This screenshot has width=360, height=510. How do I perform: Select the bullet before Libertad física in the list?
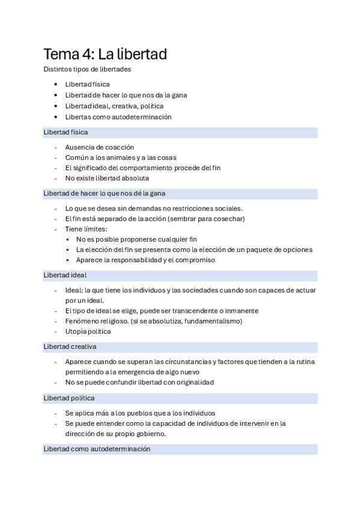coord(55,85)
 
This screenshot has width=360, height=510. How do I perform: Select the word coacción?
coord(118,147)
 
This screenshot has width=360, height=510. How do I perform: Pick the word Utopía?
coord(76,331)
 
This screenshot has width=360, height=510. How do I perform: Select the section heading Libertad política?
coord(69,398)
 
